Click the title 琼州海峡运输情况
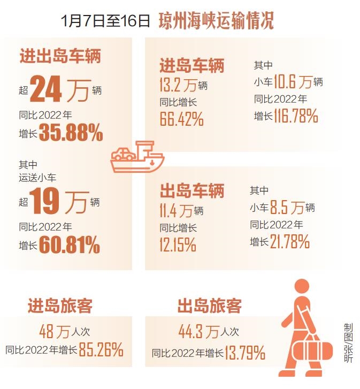(x=216, y=22)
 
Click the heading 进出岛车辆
(x=60, y=56)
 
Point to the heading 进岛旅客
(x=60, y=306)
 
